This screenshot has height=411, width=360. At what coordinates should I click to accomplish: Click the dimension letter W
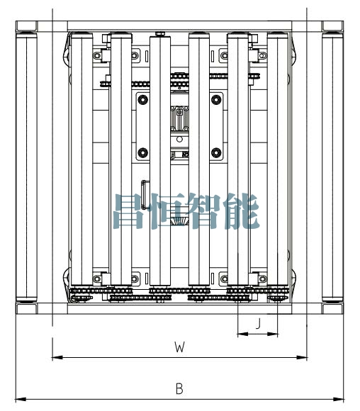coord(179,347)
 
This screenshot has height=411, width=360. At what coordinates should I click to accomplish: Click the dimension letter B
coord(179,389)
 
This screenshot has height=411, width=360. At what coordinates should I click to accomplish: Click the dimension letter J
coord(258,323)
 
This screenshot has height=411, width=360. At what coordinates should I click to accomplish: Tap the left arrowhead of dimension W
coord(57,357)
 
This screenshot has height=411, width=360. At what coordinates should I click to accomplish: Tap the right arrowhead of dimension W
coord(301,357)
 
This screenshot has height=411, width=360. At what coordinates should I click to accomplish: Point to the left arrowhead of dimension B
coord(21,400)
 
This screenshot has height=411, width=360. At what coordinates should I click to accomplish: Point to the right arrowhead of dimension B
coord(339,400)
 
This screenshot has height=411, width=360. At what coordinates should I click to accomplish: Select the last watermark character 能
coord(242,211)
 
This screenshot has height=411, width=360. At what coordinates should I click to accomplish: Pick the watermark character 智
coord(206,211)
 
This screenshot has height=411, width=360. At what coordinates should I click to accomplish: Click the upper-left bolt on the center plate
coord(143,100)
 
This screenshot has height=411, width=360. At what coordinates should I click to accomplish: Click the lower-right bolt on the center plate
coord(216,152)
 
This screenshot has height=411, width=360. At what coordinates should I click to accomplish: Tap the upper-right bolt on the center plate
coord(216,100)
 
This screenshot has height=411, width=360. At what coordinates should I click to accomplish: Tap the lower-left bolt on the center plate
coord(143,152)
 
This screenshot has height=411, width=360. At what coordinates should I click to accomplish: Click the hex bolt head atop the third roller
coord(160,33)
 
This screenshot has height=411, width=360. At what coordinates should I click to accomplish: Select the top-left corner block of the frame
coord(26,26)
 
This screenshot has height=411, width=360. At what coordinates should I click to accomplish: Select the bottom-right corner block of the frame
coord(333,308)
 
